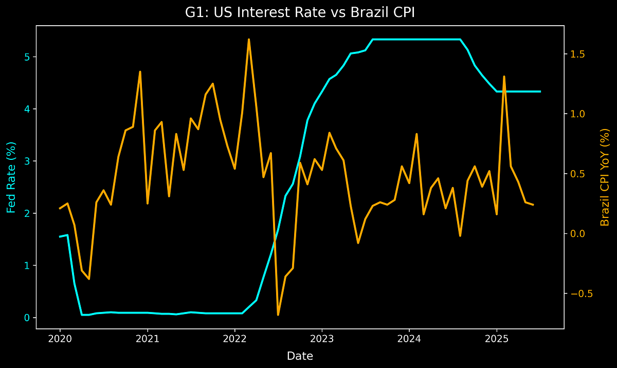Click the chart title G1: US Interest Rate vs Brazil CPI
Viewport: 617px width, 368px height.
300,13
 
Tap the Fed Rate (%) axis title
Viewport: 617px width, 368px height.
11,177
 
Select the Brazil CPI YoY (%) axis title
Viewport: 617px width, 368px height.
605,177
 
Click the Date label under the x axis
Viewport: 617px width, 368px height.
300,356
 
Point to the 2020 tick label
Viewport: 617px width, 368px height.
60,340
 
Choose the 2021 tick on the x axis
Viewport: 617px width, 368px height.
148,340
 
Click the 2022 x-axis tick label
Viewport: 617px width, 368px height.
235,340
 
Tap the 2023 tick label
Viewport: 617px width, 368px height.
322,340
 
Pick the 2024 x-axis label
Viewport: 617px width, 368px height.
409,340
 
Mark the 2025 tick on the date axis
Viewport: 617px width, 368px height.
497,340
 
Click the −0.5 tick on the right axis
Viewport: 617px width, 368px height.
580,293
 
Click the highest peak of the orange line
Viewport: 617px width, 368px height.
249,39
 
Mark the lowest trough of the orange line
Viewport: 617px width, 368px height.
278,315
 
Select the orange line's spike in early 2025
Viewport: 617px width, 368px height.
504,77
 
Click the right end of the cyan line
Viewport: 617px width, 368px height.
540,91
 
